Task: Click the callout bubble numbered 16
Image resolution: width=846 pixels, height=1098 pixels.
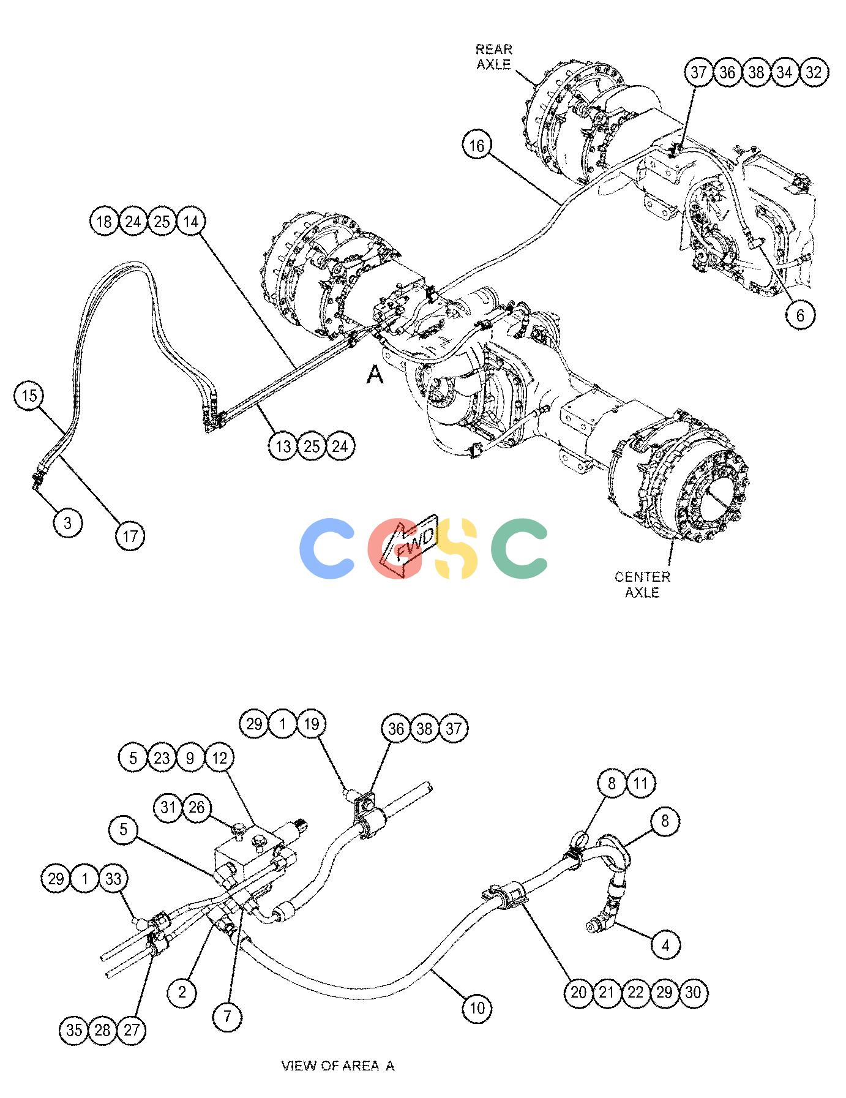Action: [477, 146]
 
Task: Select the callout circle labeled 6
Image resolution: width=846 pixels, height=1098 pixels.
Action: [801, 315]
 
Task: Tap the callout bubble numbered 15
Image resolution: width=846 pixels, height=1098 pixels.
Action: [29, 396]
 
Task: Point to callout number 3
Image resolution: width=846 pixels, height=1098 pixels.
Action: [68, 523]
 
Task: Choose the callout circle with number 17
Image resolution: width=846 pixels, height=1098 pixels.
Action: [130, 536]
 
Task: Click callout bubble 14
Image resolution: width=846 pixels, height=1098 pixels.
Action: [191, 221]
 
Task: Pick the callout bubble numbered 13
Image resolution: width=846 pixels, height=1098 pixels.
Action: [283, 446]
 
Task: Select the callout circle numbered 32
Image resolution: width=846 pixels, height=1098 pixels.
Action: [814, 72]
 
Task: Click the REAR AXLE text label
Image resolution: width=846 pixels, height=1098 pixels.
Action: [494, 57]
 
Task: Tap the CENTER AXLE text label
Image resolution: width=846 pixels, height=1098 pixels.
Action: [642, 584]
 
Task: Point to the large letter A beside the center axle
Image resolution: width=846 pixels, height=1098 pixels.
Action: [375, 374]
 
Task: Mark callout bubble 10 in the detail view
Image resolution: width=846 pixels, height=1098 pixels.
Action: [477, 1007]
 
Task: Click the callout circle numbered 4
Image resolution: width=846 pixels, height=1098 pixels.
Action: [665, 946]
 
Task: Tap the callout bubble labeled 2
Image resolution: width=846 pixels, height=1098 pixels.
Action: [182, 991]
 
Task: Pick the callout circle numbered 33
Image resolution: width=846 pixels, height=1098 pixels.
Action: [113, 879]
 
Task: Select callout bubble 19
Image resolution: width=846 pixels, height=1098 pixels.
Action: [311, 724]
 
